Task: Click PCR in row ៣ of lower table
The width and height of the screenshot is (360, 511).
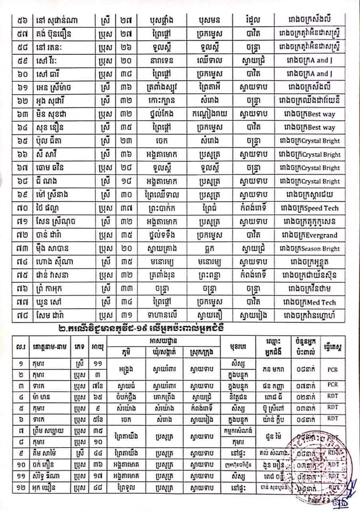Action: point(333,384)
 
